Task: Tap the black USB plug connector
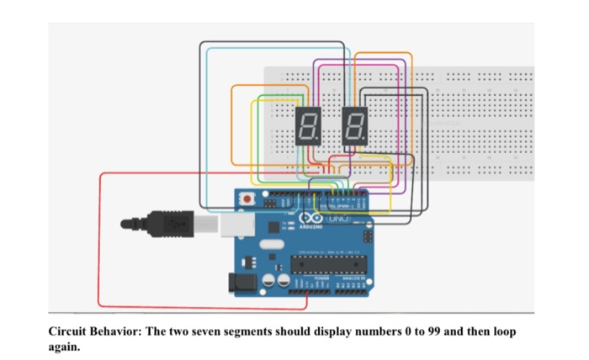click(173, 224)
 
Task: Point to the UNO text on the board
click(331, 218)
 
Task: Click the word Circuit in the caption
click(67, 331)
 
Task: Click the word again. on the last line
click(64, 346)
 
